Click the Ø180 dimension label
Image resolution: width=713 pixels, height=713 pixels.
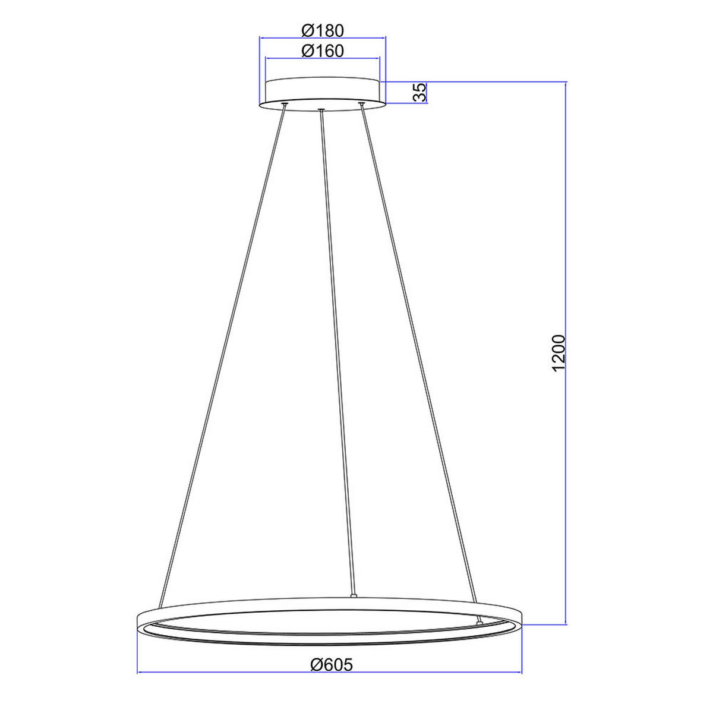click(323, 30)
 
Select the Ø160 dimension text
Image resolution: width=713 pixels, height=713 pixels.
click(323, 51)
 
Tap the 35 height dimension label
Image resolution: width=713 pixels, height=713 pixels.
click(419, 92)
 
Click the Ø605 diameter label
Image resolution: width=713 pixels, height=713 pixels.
click(331, 664)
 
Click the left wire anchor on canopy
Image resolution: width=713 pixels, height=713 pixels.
click(285, 105)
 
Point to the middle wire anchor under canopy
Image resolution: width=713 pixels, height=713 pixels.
click(321, 110)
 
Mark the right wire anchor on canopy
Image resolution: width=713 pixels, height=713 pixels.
click(361, 105)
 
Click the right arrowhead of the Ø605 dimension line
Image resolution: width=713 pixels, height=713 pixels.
click(519, 673)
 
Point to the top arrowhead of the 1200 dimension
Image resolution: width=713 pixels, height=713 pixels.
click(565, 84)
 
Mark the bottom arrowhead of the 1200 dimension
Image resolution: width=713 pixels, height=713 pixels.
click(565, 621)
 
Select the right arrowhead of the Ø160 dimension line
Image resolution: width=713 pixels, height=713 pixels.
click(377, 58)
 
